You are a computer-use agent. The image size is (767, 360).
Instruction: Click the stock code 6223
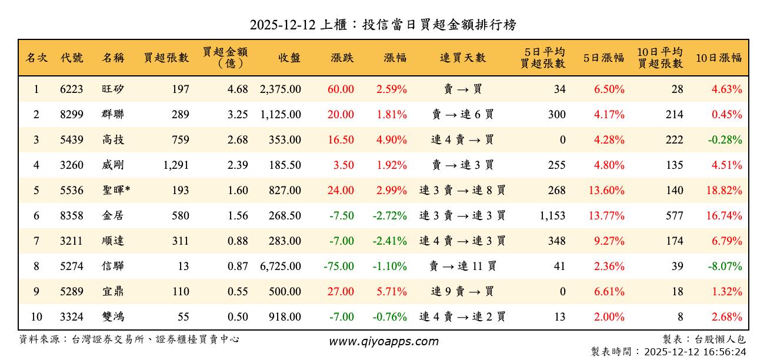pyautogui.click(x=72, y=89)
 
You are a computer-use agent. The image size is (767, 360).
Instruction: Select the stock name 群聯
pyautogui.click(x=112, y=115)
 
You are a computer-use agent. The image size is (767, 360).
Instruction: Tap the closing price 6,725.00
pyautogui.click(x=281, y=266)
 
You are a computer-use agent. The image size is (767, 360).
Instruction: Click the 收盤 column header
pyautogui.click(x=289, y=58)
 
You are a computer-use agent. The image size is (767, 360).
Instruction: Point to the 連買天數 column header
pyautogui.click(x=463, y=58)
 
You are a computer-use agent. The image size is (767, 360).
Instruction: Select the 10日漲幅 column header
pyautogui.click(x=719, y=58)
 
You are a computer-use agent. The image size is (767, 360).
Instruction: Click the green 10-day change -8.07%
pyautogui.click(x=726, y=266)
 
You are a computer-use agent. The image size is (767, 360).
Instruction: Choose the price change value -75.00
pyautogui.click(x=339, y=266)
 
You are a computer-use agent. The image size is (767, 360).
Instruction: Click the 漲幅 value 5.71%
pyautogui.click(x=392, y=292)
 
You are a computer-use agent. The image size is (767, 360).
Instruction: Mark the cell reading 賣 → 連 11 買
pyautogui.click(x=463, y=266)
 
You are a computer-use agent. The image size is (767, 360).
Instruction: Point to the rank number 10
pyautogui.click(x=36, y=317)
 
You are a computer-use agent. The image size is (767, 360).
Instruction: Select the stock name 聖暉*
pyautogui.click(x=116, y=191)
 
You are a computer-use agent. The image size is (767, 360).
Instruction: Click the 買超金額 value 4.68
pyautogui.click(x=238, y=89)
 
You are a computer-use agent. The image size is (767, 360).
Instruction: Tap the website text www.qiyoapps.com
pyautogui.click(x=383, y=342)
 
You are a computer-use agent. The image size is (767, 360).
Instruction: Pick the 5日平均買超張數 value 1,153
pyautogui.click(x=552, y=216)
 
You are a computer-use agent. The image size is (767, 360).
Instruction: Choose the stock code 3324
pyautogui.click(x=72, y=317)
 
